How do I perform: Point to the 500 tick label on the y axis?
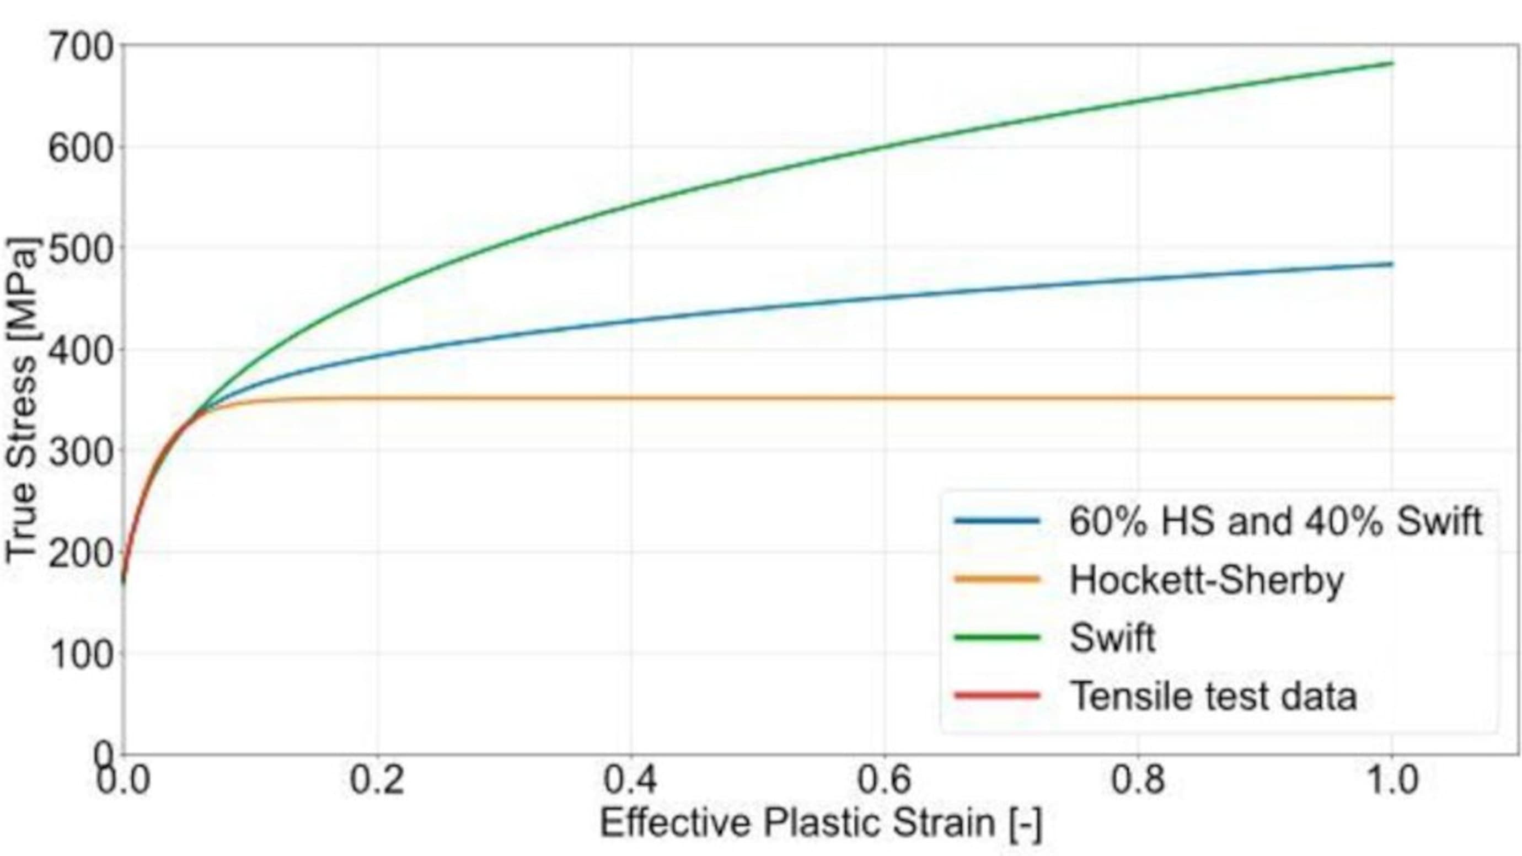(80, 250)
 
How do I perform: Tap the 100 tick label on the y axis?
(80, 655)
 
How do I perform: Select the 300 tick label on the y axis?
(80, 452)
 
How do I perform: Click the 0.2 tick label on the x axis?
(377, 780)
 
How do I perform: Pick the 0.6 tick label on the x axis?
(885, 780)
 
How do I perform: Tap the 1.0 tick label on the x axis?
(1392, 780)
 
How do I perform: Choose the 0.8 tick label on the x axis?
(1138, 780)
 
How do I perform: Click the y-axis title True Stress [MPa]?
(23, 402)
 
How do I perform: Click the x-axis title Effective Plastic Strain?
(821, 822)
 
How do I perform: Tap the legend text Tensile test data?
(1214, 696)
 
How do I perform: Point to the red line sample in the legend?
(997, 696)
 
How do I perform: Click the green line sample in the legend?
(997, 638)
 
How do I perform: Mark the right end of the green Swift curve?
(1392, 63)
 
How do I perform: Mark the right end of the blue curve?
(1392, 264)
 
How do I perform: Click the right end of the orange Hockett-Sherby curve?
(1392, 398)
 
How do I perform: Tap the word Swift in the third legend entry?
(1112, 638)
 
